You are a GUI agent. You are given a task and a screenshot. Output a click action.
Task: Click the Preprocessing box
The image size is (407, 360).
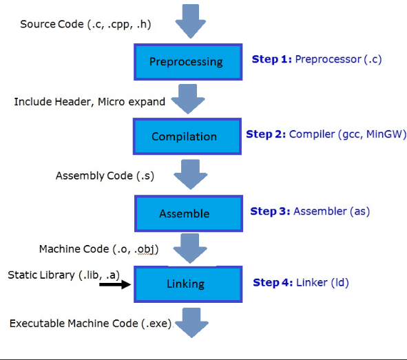[x=186, y=61]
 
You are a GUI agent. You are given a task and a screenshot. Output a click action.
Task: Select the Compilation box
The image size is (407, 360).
[x=184, y=136]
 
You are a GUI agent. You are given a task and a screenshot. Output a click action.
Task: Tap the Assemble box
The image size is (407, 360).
[x=184, y=213]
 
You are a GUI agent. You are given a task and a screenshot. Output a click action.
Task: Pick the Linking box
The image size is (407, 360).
[x=185, y=284]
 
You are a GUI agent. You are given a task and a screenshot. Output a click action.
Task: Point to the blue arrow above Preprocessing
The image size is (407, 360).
[x=191, y=20]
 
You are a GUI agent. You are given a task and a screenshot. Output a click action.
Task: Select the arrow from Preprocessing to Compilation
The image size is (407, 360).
[x=186, y=98]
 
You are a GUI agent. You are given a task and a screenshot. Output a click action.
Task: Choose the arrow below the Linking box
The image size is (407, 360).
[x=186, y=320]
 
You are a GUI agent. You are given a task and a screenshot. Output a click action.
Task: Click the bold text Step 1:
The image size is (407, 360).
[x=271, y=59]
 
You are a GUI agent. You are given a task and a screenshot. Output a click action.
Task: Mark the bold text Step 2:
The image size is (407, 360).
[x=265, y=134]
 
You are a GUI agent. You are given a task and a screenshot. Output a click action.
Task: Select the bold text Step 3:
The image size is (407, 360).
[x=270, y=211]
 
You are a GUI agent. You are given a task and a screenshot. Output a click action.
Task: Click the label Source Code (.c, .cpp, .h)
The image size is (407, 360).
[x=85, y=24]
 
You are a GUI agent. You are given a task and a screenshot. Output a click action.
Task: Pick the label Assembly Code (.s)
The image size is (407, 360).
[x=105, y=176]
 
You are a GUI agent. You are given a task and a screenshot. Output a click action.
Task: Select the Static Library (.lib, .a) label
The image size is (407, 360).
[x=64, y=275]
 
